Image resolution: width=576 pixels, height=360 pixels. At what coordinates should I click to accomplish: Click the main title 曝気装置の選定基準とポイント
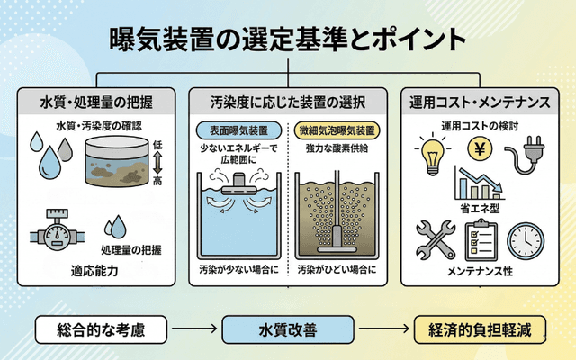pos(288,40)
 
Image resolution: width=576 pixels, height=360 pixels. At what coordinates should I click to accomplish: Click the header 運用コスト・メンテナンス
pos(478,101)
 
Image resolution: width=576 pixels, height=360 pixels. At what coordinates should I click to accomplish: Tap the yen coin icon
pos(480,148)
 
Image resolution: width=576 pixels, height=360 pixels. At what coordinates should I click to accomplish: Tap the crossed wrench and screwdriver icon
pos(435,238)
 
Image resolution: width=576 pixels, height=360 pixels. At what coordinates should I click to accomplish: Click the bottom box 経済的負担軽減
pos(477,330)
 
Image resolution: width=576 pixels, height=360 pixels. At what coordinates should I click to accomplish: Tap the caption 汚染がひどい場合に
pos(337,269)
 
